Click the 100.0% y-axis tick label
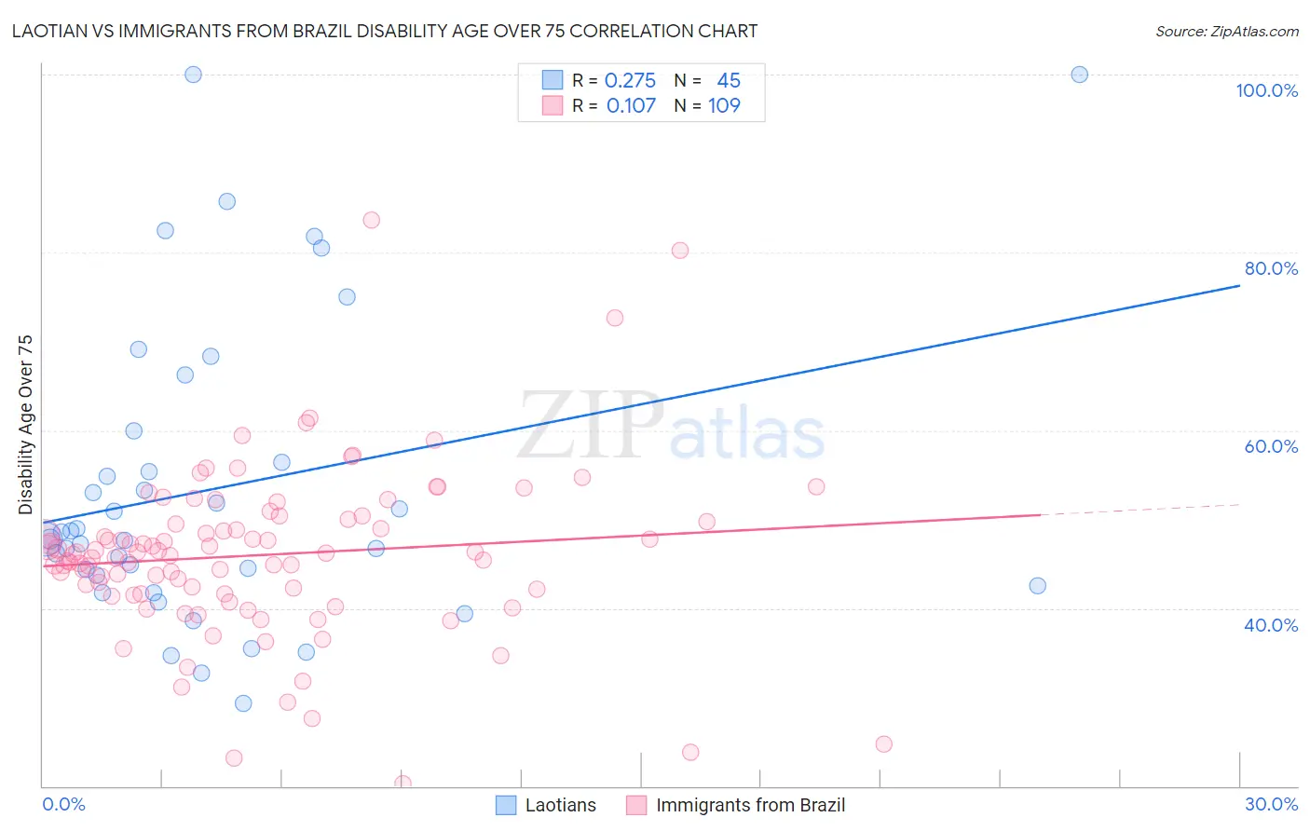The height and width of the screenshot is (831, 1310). (x=1266, y=90)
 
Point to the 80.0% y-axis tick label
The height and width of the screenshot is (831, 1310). (x=1271, y=268)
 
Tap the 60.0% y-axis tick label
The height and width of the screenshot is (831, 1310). (x=1271, y=446)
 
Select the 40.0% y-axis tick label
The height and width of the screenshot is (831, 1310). (x=1271, y=625)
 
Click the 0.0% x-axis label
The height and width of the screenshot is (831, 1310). (x=63, y=804)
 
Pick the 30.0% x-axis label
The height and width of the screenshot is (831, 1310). (x=1271, y=804)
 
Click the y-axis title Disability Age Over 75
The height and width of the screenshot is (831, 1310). (x=25, y=425)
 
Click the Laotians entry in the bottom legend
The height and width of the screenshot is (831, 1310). (x=546, y=805)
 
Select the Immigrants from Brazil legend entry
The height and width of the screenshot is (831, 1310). (x=736, y=805)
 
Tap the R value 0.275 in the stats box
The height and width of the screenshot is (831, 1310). (x=630, y=81)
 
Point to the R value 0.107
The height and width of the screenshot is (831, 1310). (x=631, y=106)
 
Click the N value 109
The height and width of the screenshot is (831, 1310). (x=724, y=106)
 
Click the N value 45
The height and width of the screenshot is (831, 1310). (x=729, y=81)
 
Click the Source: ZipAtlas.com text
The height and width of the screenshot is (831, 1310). (x=1226, y=32)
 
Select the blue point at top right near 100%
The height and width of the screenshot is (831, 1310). (x=1079, y=75)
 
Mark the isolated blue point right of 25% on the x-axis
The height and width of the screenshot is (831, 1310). (x=1037, y=586)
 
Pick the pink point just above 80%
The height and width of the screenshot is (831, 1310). (x=680, y=251)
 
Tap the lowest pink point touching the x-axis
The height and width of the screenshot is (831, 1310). (x=403, y=783)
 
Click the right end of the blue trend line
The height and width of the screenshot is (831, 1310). (x=1239, y=286)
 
